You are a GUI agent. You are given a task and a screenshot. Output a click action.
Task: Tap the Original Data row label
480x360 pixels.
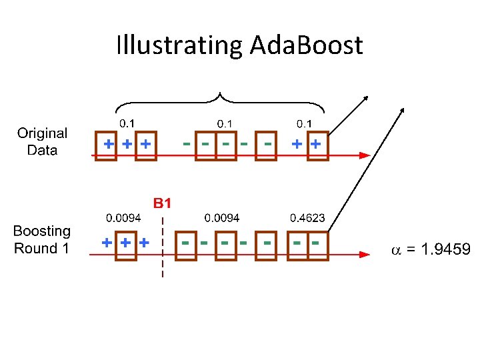point(42,141)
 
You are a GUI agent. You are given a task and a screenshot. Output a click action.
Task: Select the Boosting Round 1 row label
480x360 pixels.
point(42,240)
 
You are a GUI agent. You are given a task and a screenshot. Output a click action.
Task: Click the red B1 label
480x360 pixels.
point(163,203)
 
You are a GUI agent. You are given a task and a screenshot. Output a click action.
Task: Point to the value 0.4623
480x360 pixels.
point(307,218)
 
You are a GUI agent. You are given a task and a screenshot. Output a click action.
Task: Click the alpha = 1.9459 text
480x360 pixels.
point(430,250)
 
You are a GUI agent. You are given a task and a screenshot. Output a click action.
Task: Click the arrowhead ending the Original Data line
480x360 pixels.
point(364,155)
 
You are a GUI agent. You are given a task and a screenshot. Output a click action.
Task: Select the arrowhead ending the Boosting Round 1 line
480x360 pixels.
point(364,254)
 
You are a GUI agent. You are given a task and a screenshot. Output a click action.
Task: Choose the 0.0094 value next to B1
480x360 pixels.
point(123,218)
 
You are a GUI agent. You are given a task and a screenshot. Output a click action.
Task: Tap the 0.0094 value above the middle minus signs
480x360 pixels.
point(222,218)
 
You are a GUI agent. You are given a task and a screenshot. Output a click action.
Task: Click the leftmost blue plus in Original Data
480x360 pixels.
point(109,143)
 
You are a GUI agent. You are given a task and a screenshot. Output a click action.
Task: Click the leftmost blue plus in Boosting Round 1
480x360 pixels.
point(107,243)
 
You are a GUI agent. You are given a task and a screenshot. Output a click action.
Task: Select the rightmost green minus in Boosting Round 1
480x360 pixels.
point(314,243)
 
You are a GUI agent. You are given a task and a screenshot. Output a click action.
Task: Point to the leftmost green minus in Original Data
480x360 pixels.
point(187,143)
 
